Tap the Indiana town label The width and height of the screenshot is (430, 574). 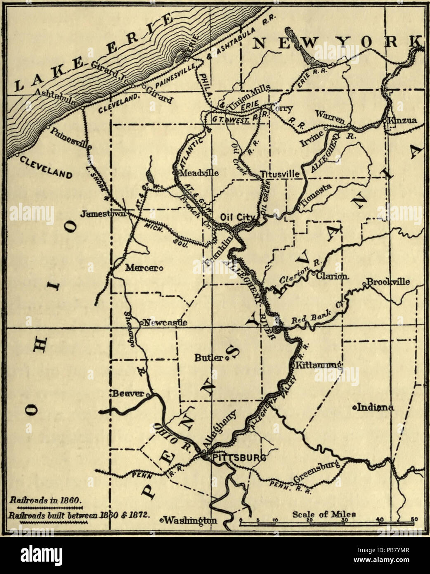click(375, 408)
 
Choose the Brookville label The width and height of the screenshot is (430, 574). click(388, 282)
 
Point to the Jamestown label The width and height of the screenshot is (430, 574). click(103, 214)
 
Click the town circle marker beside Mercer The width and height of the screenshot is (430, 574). click(161, 268)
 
